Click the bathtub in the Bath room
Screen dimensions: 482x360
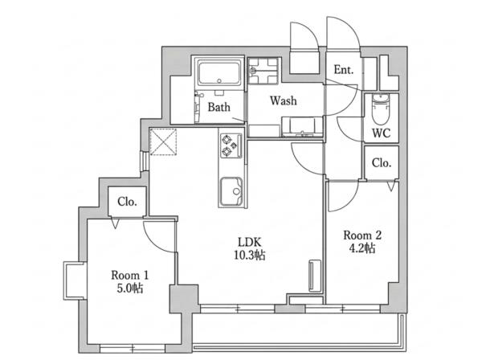click(x=219, y=72)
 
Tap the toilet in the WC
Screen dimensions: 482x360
click(x=381, y=108)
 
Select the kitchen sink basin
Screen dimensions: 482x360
click(x=231, y=191)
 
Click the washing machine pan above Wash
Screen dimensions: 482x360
click(x=263, y=71)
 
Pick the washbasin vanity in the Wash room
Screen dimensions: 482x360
click(x=302, y=126)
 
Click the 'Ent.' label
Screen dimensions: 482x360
click(x=344, y=70)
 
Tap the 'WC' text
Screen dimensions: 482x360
click(x=381, y=133)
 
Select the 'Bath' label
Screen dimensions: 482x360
click(x=219, y=107)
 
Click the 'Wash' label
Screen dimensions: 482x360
click(x=284, y=100)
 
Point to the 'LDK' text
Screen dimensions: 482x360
click(x=250, y=242)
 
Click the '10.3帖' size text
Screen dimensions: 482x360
click(x=250, y=256)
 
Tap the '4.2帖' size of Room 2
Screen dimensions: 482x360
click(x=362, y=248)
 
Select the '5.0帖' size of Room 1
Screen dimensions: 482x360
click(x=129, y=288)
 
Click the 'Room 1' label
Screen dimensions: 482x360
click(x=129, y=275)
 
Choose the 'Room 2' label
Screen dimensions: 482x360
click(x=362, y=235)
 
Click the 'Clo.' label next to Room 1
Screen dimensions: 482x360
click(x=127, y=202)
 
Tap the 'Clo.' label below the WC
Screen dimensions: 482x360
click(x=381, y=162)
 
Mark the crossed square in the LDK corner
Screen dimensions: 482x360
click(x=163, y=141)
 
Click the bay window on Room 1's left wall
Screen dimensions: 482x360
click(x=75, y=280)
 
